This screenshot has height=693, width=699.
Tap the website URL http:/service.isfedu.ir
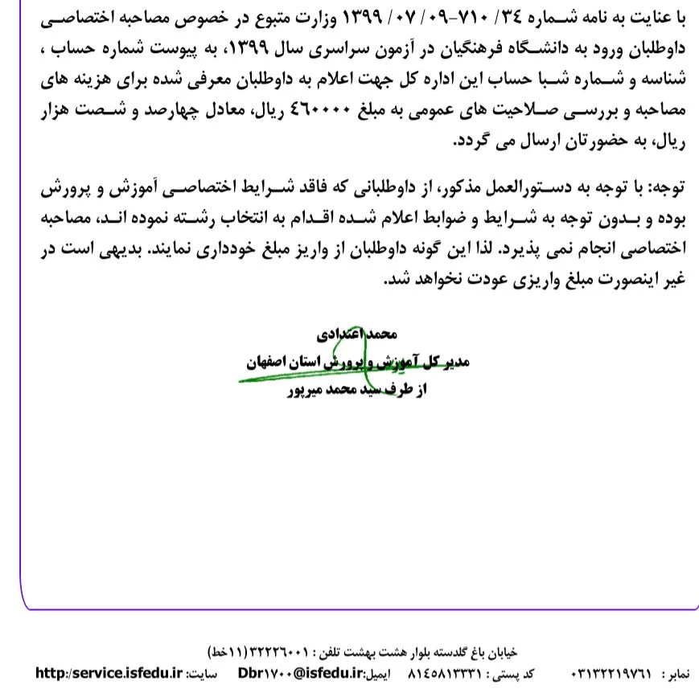coord(109,671)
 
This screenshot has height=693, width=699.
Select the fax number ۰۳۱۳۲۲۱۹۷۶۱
coord(613,671)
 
